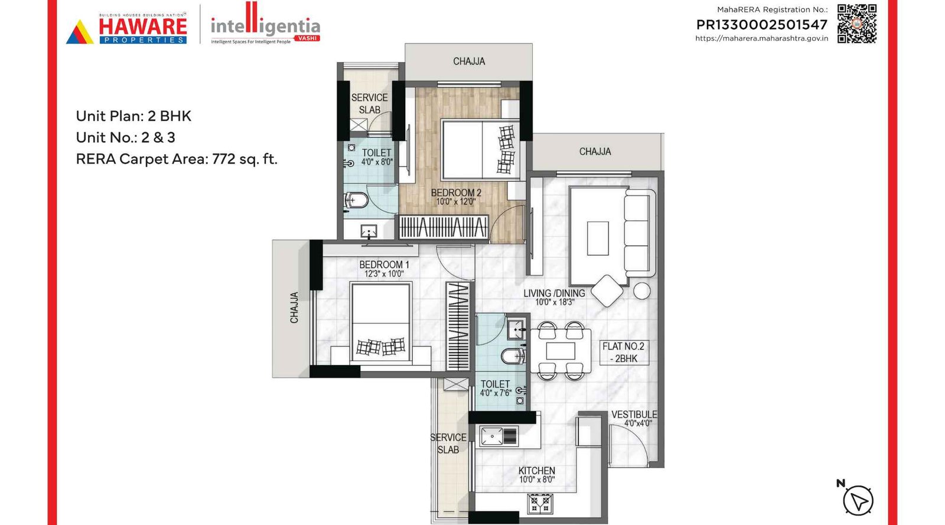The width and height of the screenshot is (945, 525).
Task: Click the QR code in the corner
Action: click(x=856, y=24)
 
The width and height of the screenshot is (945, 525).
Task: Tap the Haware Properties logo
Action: click(x=126, y=30)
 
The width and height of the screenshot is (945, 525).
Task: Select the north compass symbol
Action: click(x=857, y=500)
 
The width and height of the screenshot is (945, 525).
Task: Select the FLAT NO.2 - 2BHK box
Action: click(x=624, y=352)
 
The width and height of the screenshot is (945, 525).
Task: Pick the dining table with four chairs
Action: click(x=561, y=351)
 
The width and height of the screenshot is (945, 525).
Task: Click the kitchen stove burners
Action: click(x=540, y=504)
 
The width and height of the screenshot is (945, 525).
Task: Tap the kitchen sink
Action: click(x=499, y=436)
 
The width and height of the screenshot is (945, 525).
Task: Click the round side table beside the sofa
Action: click(x=642, y=291)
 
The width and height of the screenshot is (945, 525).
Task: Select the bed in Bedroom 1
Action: click(x=381, y=322)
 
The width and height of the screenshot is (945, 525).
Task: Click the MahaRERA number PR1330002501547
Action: click(x=762, y=25)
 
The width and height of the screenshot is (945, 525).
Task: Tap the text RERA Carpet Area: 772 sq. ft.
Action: click(x=177, y=159)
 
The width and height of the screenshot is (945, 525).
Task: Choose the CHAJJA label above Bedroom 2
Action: click(x=469, y=61)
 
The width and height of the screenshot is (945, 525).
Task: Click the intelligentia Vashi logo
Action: click(x=265, y=27)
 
